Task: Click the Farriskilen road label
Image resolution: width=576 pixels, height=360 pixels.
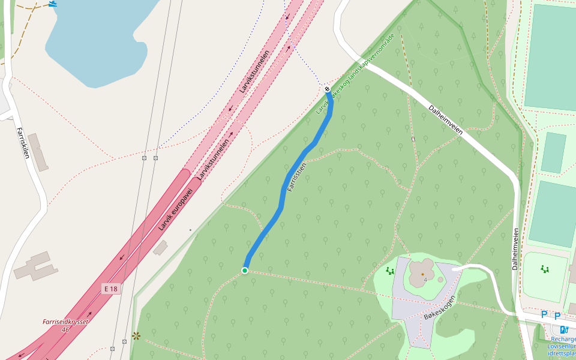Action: coord(22,143)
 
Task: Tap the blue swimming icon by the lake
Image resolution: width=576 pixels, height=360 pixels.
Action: coord(53,4)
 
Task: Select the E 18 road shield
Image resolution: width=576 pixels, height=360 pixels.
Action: coord(111,289)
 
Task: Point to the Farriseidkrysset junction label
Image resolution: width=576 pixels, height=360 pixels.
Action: coord(65,325)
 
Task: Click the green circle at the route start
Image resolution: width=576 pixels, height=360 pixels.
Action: coord(245,271)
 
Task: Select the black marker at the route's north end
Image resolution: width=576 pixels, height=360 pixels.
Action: coord(327,89)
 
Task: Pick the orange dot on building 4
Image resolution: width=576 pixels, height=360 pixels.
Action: coord(422,274)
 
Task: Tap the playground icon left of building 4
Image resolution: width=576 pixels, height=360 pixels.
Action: coord(390,271)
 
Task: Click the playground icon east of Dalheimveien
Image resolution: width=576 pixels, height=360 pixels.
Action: coord(545,269)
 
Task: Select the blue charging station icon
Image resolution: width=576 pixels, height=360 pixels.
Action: coord(564,329)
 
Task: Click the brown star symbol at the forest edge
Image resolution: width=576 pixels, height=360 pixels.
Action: coord(137,336)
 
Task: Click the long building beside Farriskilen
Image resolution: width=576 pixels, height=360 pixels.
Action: coord(38,152)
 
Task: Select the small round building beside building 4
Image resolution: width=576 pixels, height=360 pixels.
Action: coord(441,280)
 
